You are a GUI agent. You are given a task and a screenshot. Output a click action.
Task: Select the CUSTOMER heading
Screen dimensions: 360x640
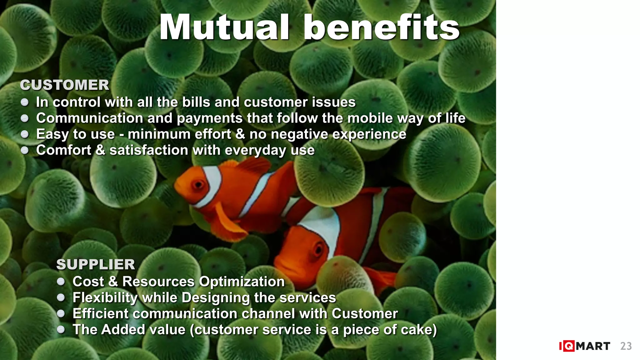(x=65, y=85)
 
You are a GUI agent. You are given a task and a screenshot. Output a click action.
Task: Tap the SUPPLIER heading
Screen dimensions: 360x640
(x=96, y=264)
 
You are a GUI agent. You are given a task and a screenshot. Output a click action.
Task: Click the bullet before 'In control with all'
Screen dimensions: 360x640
(x=25, y=102)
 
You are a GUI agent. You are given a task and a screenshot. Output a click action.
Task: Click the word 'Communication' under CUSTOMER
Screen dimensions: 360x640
(x=89, y=118)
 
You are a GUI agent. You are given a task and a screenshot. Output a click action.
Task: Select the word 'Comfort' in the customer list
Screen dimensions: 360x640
(x=64, y=150)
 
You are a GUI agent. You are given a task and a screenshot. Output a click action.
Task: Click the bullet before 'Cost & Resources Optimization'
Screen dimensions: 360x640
(x=61, y=282)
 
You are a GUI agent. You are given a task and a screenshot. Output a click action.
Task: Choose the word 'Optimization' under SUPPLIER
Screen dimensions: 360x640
(x=242, y=282)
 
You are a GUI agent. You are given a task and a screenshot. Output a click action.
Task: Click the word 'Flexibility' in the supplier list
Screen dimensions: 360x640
(x=105, y=297)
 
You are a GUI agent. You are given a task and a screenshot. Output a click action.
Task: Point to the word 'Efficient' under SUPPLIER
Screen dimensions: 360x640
(x=100, y=313)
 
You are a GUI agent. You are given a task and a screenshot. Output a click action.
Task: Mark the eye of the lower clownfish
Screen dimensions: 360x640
(x=319, y=249)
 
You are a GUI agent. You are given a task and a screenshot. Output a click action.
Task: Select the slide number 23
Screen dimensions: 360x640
(x=626, y=346)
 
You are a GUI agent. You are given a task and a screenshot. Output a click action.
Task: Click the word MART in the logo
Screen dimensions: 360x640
(x=593, y=346)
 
